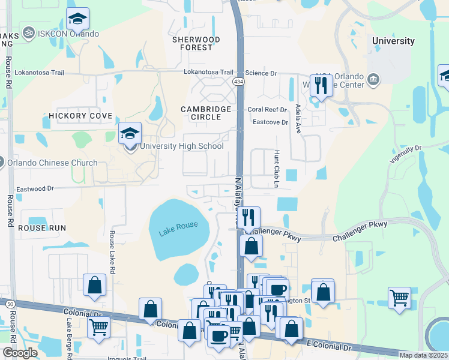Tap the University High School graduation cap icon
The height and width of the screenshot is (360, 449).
point(130,136)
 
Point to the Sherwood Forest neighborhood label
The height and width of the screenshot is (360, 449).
point(196,43)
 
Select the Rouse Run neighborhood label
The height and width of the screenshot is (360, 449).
point(41,228)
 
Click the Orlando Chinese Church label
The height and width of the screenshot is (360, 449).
point(52,163)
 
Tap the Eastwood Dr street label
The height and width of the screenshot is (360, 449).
point(35,188)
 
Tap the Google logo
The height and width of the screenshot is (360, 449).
point(20,352)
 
